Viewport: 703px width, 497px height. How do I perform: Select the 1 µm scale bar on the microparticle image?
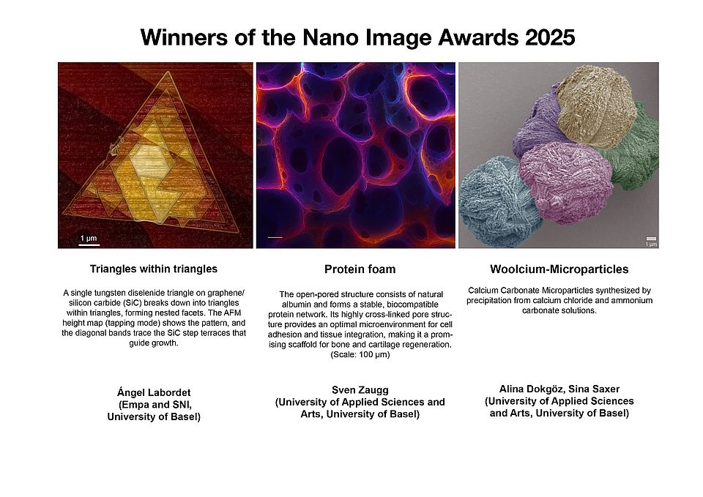(x=651, y=241)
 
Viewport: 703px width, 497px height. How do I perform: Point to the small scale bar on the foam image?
(x=275, y=237)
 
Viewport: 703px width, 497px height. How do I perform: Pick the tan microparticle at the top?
(x=595, y=106)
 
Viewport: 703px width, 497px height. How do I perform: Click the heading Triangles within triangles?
(x=153, y=269)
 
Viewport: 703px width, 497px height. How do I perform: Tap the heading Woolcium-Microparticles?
(x=559, y=269)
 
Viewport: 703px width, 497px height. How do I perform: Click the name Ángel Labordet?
(x=154, y=393)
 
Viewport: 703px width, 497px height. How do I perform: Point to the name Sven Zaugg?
(x=360, y=389)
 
